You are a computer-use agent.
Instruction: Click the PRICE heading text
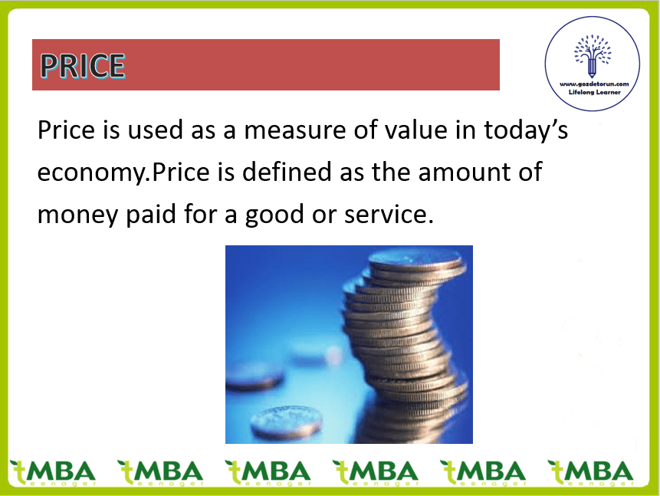83,66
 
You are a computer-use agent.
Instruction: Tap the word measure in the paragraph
294,130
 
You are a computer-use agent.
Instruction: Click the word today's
526,130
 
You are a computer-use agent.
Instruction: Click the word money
78,215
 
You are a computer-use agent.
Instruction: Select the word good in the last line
274,215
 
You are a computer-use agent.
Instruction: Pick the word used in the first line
155,130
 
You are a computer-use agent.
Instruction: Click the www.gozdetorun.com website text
594,84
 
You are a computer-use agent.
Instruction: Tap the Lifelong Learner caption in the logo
594,92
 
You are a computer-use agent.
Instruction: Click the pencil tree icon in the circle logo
593,55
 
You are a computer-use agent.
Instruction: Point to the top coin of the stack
418,260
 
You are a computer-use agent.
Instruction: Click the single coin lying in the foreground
286,422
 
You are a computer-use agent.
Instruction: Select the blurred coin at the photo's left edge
254,377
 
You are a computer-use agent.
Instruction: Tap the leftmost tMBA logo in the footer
53,473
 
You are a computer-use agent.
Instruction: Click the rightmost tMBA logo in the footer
590,473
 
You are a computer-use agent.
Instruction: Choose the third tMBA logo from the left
268,473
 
